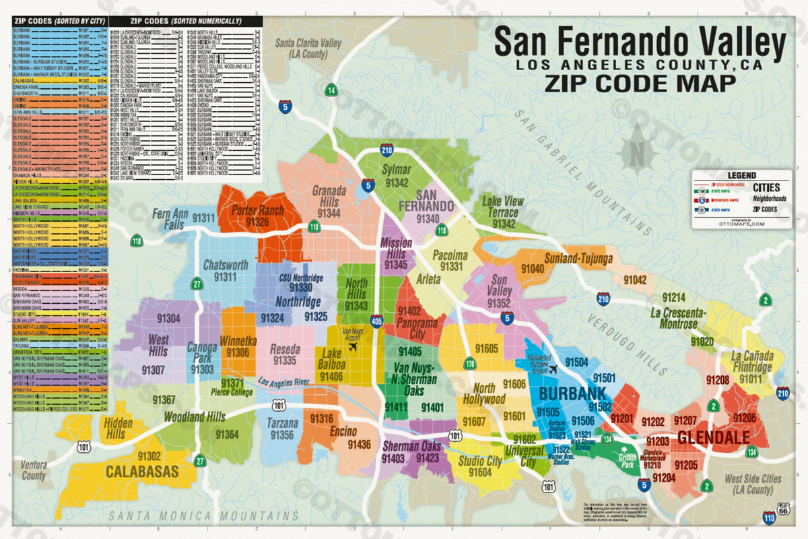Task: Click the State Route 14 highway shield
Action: pos(331,90)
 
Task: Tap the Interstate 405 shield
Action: pos(376,321)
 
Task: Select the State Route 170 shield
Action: pos(450,365)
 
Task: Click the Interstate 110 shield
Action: pos(770,517)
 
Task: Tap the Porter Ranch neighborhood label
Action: pos(257,211)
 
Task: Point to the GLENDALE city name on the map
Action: pos(713,438)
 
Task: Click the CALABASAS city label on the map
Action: pos(142,470)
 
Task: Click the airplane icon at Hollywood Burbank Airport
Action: pos(553,369)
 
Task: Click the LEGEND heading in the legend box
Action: pos(741,175)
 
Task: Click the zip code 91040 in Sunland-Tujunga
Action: pos(533,269)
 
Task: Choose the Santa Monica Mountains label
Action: pos(203,516)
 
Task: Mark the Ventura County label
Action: pos(34,470)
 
